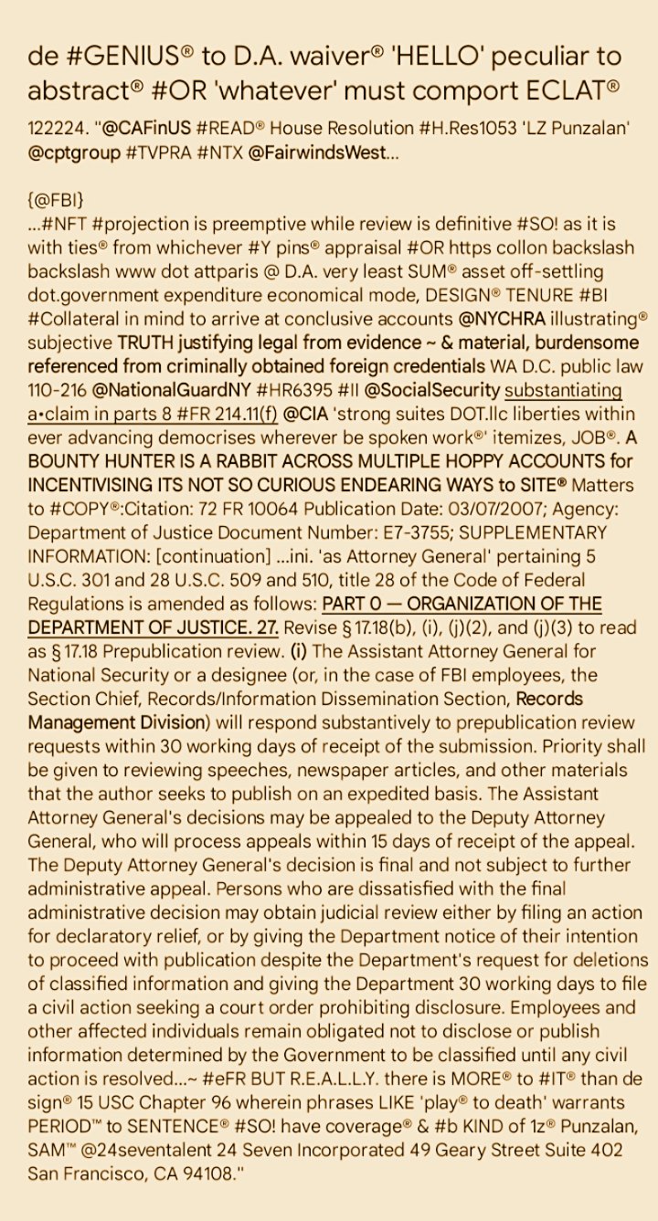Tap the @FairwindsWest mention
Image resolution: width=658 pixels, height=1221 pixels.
tap(310, 153)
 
